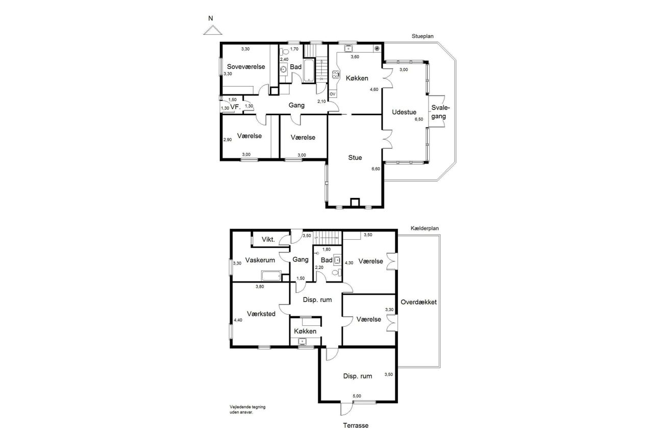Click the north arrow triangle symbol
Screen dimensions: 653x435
[x=213, y=30]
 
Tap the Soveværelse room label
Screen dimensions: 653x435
[x=246, y=67]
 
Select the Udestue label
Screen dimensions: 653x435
[x=404, y=112]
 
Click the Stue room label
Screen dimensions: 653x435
[x=355, y=158]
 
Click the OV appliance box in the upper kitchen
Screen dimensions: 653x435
[x=332, y=94]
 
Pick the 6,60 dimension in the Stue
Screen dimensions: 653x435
[x=376, y=169]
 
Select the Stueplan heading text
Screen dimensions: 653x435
[x=422, y=36]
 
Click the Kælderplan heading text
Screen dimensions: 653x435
[x=424, y=228]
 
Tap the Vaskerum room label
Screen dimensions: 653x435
[x=260, y=260]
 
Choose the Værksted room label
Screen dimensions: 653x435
[x=261, y=314]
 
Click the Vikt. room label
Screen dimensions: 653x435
[x=268, y=240]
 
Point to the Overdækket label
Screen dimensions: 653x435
[x=419, y=302]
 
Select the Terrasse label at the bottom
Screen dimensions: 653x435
[x=356, y=425]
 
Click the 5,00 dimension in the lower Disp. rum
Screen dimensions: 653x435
[x=357, y=396]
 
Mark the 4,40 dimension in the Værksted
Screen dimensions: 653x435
[x=238, y=320]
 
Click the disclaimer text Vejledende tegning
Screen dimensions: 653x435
[x=247, y=407]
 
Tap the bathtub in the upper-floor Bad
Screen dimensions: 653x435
[x=309, y=70]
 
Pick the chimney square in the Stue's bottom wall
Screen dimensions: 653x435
[x=355, y=202]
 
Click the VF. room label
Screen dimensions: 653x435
[x=235, y=107]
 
